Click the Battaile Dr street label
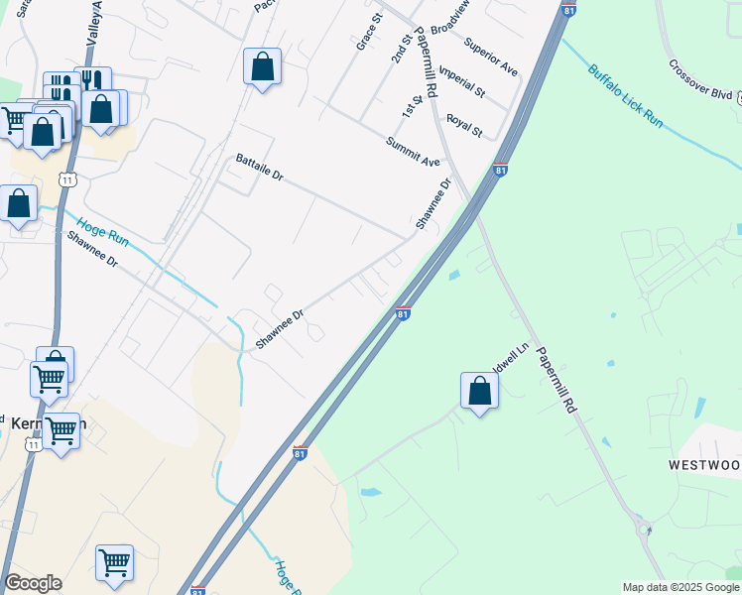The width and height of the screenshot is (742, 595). pos(260,168)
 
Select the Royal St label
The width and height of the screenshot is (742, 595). pos(463,126)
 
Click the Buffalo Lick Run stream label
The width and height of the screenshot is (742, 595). pos(624,96)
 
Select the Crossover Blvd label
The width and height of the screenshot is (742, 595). pos(699,82)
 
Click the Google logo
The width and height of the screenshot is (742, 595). pos(32,583)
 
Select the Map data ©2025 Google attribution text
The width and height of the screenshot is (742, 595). pos(680,587)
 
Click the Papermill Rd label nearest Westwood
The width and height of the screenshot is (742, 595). pos(556,379)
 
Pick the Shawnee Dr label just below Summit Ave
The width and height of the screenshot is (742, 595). pos(433,204)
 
